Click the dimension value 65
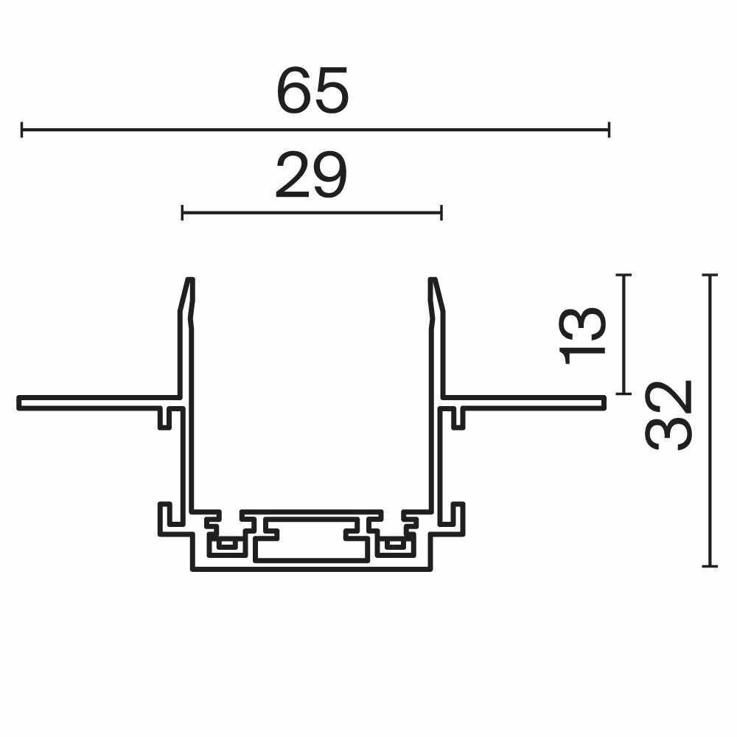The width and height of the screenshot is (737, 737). tap(312, 91)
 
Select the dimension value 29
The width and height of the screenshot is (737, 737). tap(310, 177)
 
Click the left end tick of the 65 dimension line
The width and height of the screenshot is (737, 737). tap(22, 130)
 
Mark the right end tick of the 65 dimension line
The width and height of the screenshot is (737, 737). tap(608, 130)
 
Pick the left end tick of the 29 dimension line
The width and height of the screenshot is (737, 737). tap(182, 214)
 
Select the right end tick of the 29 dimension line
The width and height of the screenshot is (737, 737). tap(441, 214)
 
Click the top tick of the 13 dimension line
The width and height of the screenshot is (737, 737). tap(624, 275)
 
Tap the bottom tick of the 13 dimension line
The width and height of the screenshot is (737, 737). tap(624, 394)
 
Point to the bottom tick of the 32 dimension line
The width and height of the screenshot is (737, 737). tap(709, 566)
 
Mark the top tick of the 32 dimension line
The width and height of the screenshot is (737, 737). tap(709, 275)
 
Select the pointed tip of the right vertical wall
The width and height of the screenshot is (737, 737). tap(433, 279)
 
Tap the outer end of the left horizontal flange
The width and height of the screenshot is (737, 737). tap(19, 402)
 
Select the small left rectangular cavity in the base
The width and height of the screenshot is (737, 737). tap(228, 546)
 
